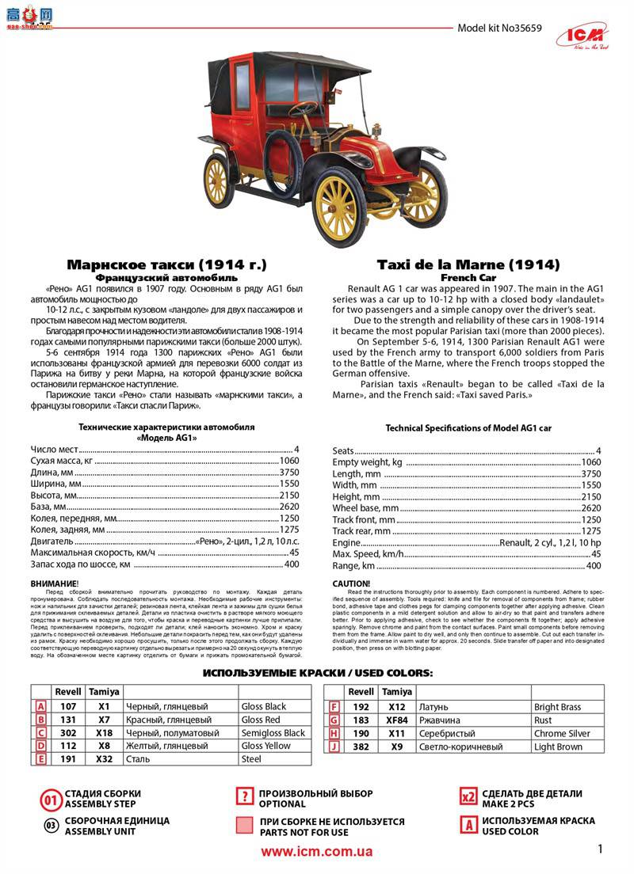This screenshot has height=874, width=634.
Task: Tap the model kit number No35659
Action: [499, 28]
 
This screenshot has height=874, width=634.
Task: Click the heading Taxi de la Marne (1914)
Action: [468, 264]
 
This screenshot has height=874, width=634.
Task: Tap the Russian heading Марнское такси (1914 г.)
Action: [166, 264]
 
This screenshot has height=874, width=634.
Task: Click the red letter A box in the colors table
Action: [41, 706]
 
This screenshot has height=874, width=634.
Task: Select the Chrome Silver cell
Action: [562, 734]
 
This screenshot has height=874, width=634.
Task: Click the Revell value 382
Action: [361, 747]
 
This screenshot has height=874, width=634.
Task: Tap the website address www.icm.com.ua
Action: [316, 852]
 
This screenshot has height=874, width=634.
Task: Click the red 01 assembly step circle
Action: [51, 800]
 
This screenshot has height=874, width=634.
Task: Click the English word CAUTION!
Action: [351, 583]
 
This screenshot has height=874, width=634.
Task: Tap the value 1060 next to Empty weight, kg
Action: [591, 462]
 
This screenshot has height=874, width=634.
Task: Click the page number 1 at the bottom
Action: [600, 849]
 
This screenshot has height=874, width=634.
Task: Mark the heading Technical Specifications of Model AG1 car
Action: [468, 428]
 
